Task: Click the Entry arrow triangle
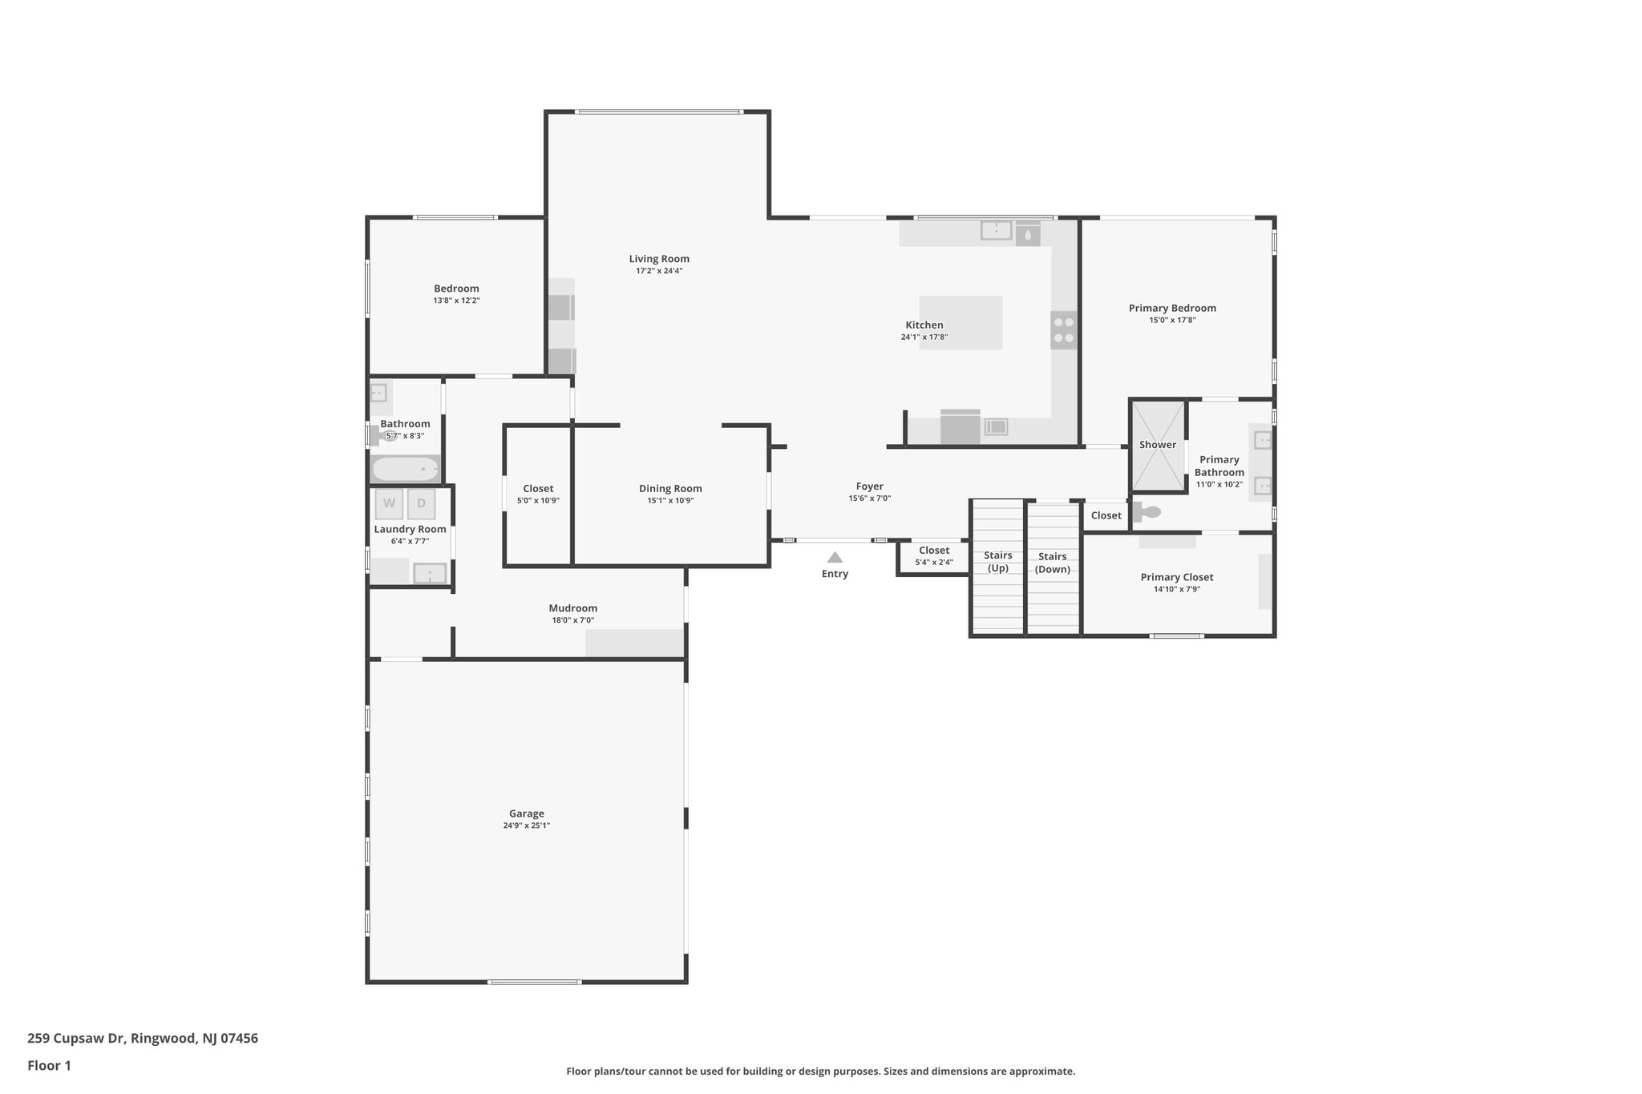point(835,557)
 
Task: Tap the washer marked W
point(389,503)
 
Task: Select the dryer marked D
point(421,503)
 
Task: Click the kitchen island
point(961,322)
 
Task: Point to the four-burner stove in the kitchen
point(1064,329)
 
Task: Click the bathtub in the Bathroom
point(406,469)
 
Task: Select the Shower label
point(1158,445)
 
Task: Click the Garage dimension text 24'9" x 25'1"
point(527,826)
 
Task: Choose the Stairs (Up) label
point(998,562)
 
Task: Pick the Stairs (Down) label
point(1053,563)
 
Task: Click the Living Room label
point(659,259)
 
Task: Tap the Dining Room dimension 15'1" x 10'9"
point(670,501)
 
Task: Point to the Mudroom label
point(572,608)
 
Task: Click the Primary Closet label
point(1176,577)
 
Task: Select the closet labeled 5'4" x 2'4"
point(934,556)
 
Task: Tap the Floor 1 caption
point(49,1065)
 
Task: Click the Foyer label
point(869,486)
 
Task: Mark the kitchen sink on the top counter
point(996,231)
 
